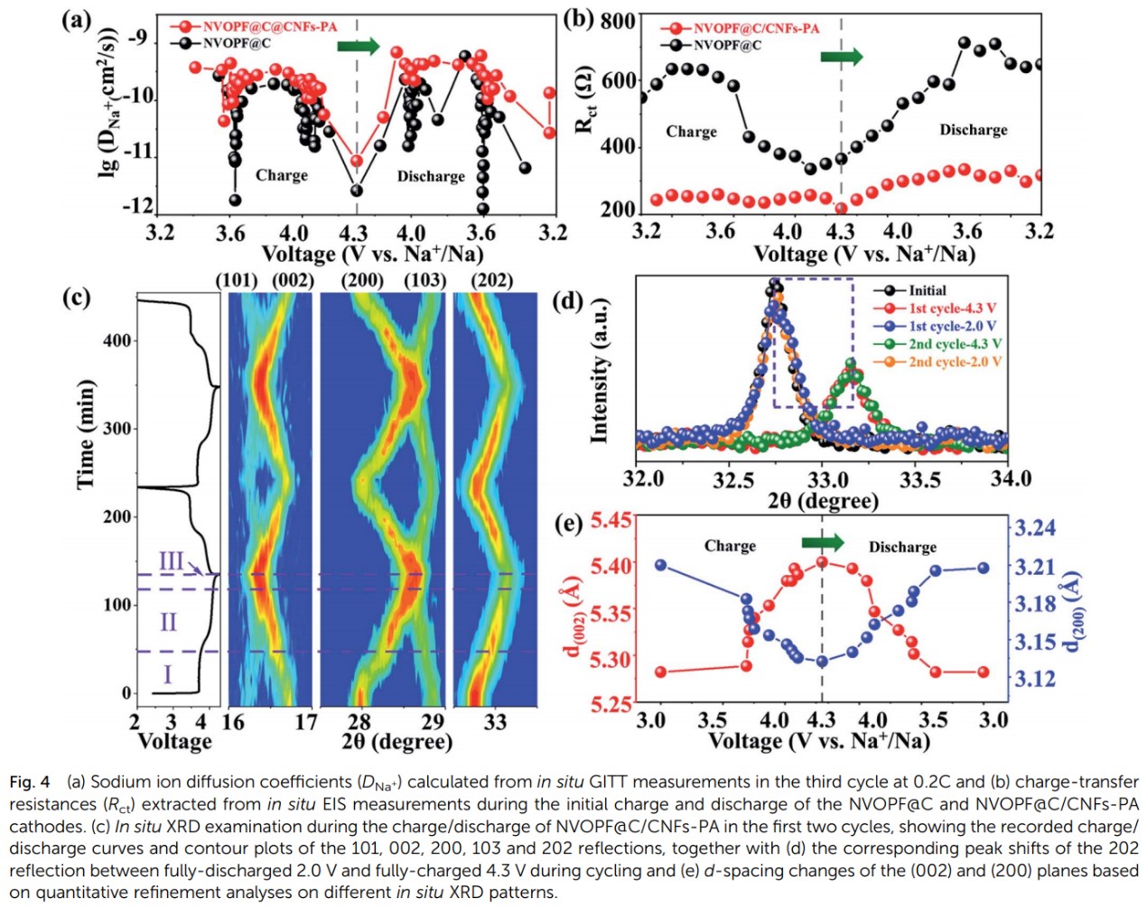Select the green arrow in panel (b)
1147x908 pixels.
click(x=842, y=57)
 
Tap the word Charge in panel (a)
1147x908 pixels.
click(x=282, y=175)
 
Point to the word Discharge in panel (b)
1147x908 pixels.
click(x=973, y=130)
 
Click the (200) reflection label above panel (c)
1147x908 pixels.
click(x=362, y=280)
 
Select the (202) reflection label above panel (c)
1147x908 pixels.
click(x=492, y=280)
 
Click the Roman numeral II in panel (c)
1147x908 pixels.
click(x=168, y=622)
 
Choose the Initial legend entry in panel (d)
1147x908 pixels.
click(x=927, y=291)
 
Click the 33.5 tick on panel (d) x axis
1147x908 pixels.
click(x=919, y=478)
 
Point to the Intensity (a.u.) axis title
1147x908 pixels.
click(x=599, y=370)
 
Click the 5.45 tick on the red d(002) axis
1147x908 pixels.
click(x=611, y=521)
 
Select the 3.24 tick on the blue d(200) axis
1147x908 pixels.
click(x=1033, y=528)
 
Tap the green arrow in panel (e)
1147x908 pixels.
click(x=823, y=542)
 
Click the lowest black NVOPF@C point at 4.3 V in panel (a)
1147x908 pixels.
click(x=357, y=190)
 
